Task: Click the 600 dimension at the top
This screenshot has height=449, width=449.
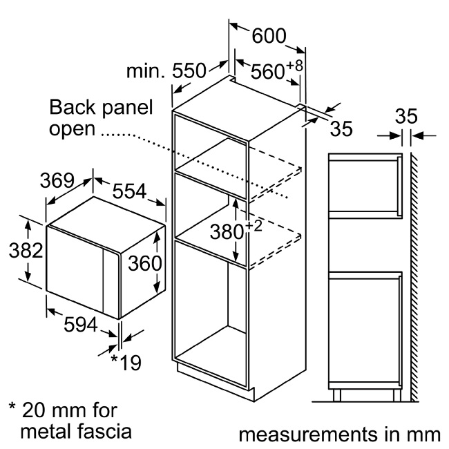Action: click(269, 36)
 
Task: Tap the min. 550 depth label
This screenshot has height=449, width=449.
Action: click(166, 70)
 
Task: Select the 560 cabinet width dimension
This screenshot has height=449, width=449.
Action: click(268, 71)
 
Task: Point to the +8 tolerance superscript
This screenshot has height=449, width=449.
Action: click(294, 66)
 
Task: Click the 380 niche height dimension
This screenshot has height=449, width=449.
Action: click(227, 231)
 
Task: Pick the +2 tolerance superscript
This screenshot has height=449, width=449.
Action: click(254, 226)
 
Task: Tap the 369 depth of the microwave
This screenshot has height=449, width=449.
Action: click(57, 180)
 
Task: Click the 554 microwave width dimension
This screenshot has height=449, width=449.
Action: click(129, 191)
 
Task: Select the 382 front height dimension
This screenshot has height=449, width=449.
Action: click(26, 250)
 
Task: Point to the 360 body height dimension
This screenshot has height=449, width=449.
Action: click(145, 263)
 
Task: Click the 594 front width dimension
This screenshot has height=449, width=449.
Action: click(81, 325)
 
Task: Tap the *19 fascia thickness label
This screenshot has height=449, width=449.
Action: click(126, 363)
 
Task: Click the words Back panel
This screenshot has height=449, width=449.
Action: click(101, 107)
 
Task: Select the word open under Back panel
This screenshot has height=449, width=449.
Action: click(72, 130)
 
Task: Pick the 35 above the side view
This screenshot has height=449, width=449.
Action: click(406, 116)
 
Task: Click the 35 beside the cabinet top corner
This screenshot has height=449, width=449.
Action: click(341, 128)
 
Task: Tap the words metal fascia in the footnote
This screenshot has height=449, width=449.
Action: click(76, 431)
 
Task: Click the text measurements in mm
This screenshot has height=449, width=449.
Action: click(339, 434)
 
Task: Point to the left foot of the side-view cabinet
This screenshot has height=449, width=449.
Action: click(337, 395)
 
